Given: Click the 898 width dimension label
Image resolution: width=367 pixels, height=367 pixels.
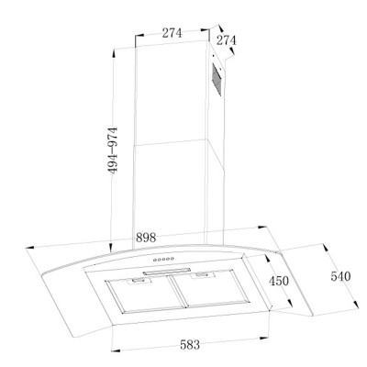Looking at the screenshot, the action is tap(146, 238).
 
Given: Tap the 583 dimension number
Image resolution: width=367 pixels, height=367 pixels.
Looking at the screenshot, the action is tap(190, 345).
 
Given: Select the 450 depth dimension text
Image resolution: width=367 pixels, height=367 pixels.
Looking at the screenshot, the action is tap(279, 281).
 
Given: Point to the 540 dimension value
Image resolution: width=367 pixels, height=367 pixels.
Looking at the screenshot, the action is tap(340, 276).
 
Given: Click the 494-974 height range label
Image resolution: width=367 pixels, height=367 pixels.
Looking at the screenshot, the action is tap(113, 150).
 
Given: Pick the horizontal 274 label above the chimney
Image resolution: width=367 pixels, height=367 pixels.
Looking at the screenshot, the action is tap(172, 33).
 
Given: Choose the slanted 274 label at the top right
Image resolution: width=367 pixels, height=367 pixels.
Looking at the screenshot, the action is tap(227, 40).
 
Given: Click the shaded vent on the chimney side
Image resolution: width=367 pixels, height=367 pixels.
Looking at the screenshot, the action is tap(217, 79).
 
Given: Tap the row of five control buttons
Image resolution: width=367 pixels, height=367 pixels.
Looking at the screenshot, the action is tap(163, 260).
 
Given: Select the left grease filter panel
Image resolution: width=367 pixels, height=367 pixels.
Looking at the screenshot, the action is tap(145, 294).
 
